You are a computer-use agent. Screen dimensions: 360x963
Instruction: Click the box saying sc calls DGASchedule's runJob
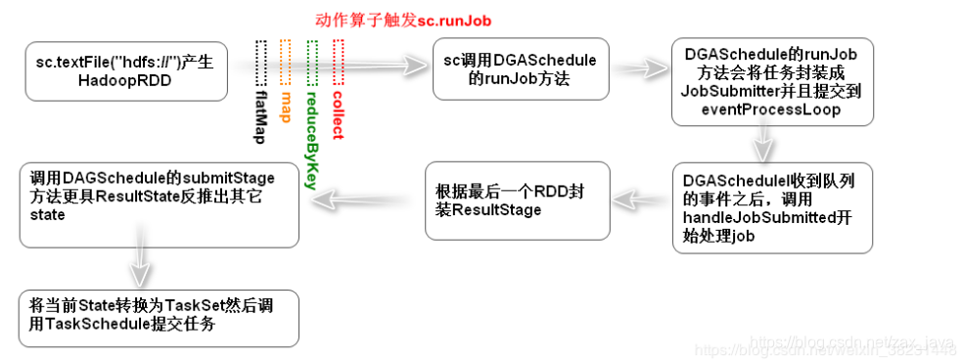pyautogui.click(x=520, y=68)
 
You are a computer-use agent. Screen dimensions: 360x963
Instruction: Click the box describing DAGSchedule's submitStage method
pyautogui.click(x=159, y=204)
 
